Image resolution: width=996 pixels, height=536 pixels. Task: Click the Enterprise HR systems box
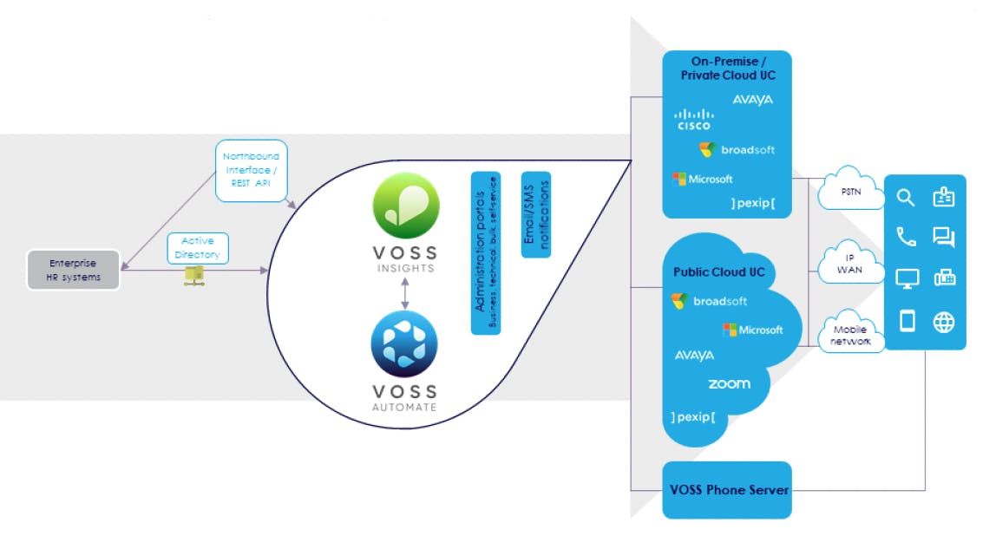[x=73, y=269]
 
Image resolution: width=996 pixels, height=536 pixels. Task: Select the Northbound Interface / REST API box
[x=250, y=171]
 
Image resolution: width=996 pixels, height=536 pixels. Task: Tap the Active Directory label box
[x=198, y=248]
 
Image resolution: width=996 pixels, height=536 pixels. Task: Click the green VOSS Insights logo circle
[x=405, y=206]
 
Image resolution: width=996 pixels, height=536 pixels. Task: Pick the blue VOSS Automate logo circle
[x=405, y=345]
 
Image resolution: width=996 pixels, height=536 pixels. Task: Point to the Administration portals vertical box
[x=485, y=252]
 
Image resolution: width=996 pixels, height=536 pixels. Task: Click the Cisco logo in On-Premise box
[x=694, y=120]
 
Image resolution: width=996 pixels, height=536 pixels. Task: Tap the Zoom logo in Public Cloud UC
[x=729, y=383]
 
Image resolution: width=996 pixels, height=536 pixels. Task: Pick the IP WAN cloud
[x=851, y=264]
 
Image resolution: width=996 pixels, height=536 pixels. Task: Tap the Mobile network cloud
[x=851, y=335]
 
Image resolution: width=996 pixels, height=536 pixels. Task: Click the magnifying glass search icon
[x=906, y=199]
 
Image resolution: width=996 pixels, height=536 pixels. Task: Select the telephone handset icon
[x=907, y=237]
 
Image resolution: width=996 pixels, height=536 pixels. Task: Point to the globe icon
[x=944, y=323]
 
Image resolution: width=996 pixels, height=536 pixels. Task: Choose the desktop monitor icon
[x=907, y=279]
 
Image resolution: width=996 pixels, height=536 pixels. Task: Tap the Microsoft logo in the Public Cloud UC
[x=752, y=330]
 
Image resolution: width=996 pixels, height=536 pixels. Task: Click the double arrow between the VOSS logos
[x=405, y=292]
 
